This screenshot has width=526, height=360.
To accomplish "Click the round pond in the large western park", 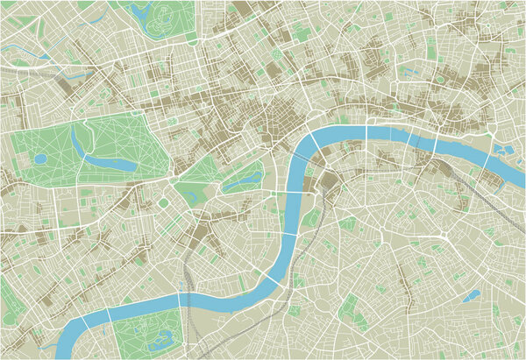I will pos(40,159).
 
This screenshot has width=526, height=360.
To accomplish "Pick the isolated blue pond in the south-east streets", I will pos(473,295).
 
